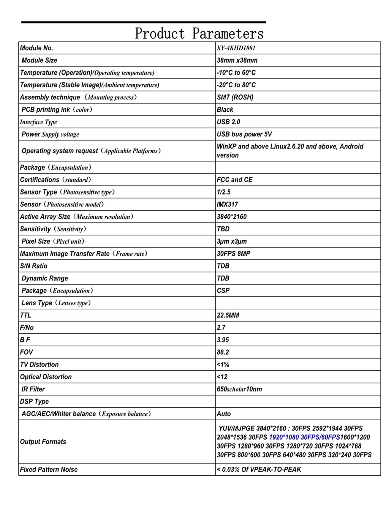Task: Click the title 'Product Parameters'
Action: pyautogui.click(x=199, y=33)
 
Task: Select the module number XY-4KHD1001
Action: pyautogui.click(x=236, y=48)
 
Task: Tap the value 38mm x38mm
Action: pyautogui.click(x=237, y=60)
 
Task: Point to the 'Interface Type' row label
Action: pyautogui.click(x=38, y=122)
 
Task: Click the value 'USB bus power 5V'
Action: pyautogui.click(x=244, y=134)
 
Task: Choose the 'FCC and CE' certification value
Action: pyautogui.click(x=235, y=180)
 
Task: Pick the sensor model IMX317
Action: pyautogui.click(x=227, y=204)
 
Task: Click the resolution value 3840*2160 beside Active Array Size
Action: pyautogui.click(x=232, y=217)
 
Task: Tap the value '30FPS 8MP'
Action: pyautogui.click(x=233, y=254)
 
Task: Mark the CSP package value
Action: pyautogui.click(x=223, y=291)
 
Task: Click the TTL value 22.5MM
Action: pyautogui.click(x=228, y=315)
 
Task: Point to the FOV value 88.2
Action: pyautogui.click(x=223, y=352)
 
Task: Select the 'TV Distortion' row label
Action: pyautogui.click(x=39, y=364)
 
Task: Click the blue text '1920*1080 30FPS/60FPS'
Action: pyautogui.click(x=304, y=437)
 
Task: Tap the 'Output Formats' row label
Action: pyautogui.click(x=43, y=442)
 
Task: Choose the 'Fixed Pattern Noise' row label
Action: pyautogui.click(x=49, y=469)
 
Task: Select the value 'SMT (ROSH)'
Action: pyautogui.click(x=235, y=97)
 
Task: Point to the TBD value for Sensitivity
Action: pyautogui.click(x=223, y=229)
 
